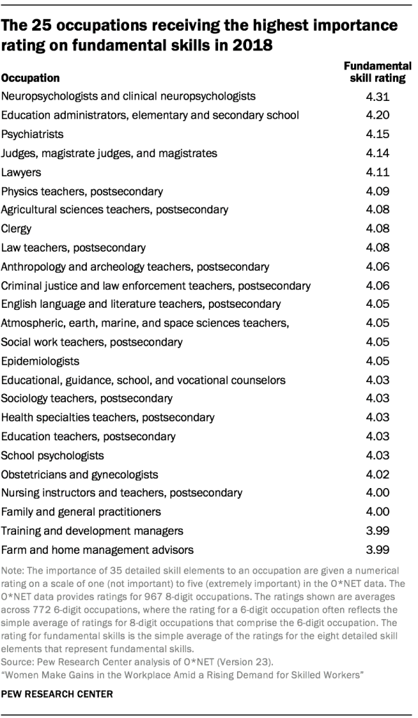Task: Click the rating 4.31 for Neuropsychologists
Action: (379, 96)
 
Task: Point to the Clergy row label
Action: (17, 229)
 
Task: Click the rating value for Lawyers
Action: (379, 172)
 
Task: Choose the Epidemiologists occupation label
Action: (40, 361)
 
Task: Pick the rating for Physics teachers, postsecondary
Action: (379, 191)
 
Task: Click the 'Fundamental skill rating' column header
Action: (377, 72)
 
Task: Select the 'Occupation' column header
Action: (30, 78)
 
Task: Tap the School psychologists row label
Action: (53, 456)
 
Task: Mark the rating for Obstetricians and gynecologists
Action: (379, 475)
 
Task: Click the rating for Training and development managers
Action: (379, 531)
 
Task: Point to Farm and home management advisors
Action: (97, 550)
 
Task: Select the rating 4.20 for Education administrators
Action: (379, 115)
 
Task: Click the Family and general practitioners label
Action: (81, 513)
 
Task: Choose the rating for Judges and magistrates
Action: (379, 153)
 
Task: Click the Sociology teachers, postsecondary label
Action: (87, 399)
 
